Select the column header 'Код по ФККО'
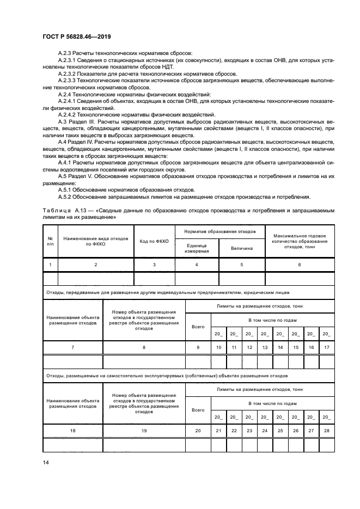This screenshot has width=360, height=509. (154, 241)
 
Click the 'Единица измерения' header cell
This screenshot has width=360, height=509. (197, 248)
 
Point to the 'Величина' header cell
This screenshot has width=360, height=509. (242, 248)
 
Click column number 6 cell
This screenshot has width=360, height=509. (299, 265)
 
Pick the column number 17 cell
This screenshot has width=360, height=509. (326, 347)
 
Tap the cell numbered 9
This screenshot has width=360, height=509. (198, 347)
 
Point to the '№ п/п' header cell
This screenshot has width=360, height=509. (50, 241)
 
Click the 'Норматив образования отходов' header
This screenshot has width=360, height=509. (220, 231)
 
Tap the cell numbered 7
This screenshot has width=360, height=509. (72, 347)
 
